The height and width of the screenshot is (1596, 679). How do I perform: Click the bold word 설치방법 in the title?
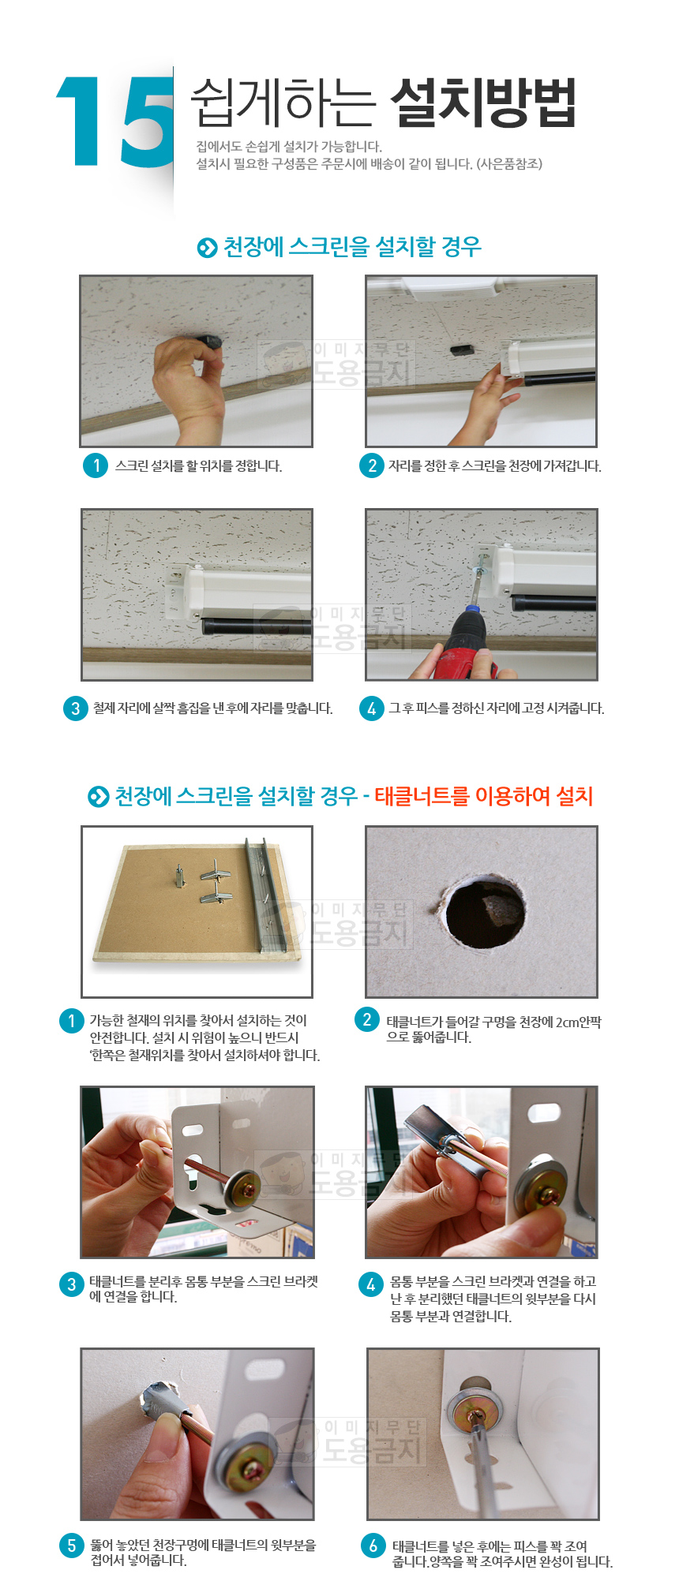pyautogui.click(x=483, y=103)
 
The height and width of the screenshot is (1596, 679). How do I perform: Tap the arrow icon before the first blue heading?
pyautogui.click(x=207, y=248)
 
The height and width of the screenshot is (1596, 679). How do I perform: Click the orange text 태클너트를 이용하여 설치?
pyautogui.click(x=484, y=796)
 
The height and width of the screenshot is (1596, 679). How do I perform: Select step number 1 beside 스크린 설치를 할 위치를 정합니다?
pyautogui.click(x=96, y=465)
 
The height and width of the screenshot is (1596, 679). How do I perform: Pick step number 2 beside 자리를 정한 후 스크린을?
pyautogui.click(x=372, y=465)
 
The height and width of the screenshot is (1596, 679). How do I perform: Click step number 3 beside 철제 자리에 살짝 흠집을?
pyautogui.click(x=75, y=708)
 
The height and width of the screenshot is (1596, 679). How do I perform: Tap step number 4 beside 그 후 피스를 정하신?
pyautogui.click(x=371, y=708)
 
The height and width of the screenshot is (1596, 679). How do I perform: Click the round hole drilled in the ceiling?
pyautogui.click(x=484, y=913)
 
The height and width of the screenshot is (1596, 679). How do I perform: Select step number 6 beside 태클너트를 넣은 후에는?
pyautogui.click(x=373, y=1545)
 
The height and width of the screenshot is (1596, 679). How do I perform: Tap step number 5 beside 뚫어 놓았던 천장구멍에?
pyautogui.click(x=72, y=1545)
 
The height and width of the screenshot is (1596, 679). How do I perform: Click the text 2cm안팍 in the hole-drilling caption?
pyautogui.click(x=578, y=1022)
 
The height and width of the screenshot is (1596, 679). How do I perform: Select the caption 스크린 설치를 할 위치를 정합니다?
pyautogui.click(x=199, y=465)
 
